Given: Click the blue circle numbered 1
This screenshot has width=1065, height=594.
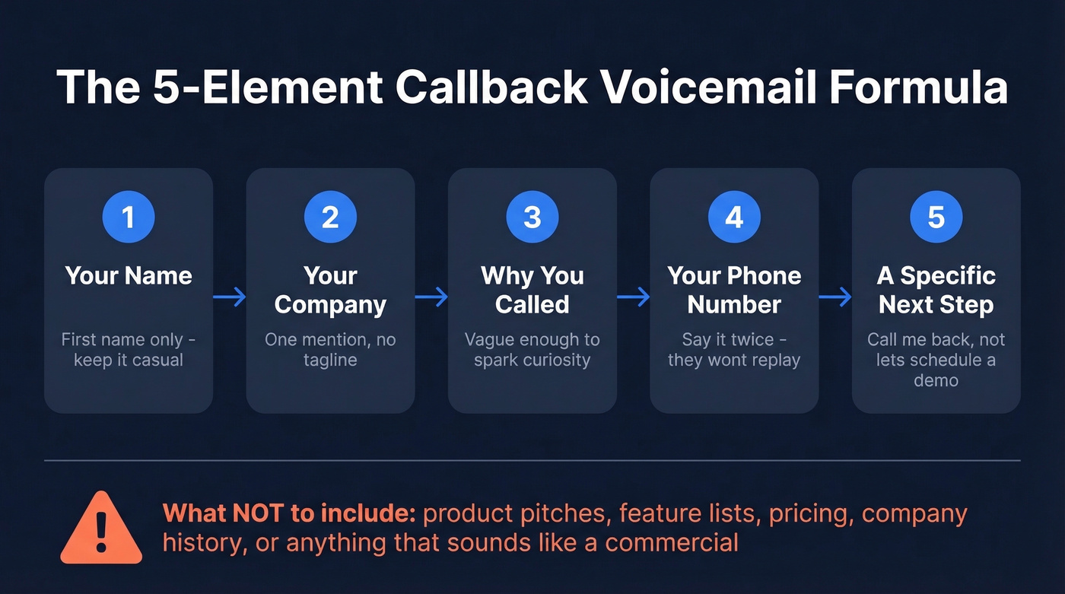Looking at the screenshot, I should pos(129,218).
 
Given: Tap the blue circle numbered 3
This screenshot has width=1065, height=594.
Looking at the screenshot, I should pos(532,218).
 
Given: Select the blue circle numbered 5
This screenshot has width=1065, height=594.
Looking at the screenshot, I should pos(936,218).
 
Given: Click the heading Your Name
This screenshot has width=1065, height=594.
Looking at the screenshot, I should pos(129,275).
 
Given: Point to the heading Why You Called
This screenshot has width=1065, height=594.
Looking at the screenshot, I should pos(532,290).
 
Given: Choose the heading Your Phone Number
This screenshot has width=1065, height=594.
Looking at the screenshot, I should pos(734,290).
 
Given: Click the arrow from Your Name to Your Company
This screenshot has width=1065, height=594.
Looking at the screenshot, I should pos(230,297).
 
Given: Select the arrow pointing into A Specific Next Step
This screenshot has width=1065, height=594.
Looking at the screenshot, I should pos(835,297).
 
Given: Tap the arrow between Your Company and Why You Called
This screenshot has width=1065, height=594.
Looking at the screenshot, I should pos(431,297).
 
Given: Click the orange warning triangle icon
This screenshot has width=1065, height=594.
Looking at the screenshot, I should pos(101,529).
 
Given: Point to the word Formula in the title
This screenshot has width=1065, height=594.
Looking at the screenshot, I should pos(918,88).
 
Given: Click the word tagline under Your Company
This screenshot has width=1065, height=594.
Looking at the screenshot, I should pos(330,360).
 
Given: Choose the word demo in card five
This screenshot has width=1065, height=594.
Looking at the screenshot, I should pos(936,380).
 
